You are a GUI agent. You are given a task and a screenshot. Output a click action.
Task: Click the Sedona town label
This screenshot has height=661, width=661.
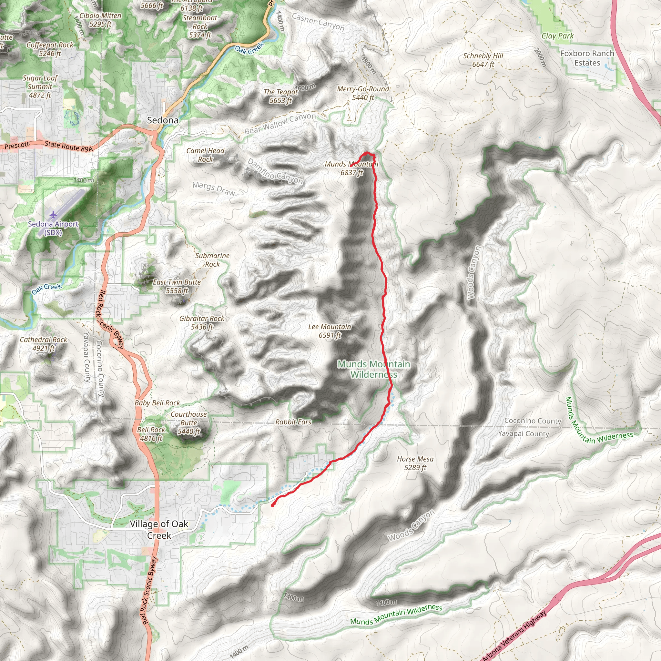[163, 120]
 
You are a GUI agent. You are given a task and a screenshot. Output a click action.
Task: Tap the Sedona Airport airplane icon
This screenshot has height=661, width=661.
[53, 215]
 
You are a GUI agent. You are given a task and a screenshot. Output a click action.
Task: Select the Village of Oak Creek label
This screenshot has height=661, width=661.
[159, 529]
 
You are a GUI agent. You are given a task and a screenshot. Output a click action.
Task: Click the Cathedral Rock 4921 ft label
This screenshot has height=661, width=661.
[44, 344]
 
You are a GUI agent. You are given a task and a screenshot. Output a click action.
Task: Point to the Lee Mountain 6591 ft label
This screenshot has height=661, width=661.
[330, 331]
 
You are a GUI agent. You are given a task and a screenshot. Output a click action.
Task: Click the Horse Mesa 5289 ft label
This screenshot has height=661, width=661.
[415, 463]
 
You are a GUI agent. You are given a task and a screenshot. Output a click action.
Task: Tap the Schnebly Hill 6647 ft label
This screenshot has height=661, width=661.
[483, 60]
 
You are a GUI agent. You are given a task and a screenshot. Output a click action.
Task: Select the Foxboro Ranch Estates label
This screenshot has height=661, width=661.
[587, 58]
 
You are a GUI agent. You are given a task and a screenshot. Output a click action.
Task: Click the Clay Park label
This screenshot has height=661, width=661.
[557, 36]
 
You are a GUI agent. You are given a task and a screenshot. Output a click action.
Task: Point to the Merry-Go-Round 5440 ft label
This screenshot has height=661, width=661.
[363, 93]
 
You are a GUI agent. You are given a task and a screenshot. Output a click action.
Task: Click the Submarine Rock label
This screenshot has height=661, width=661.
[212, 260]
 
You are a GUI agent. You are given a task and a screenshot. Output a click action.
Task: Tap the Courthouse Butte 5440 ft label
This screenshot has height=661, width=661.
[189, 423]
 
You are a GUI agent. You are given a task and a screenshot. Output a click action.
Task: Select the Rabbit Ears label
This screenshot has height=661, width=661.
[293, 422]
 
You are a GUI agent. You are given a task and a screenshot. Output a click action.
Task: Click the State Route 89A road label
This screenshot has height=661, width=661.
[68, 146]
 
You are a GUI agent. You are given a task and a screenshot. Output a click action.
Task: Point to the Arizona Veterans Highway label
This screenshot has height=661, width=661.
[515, 636]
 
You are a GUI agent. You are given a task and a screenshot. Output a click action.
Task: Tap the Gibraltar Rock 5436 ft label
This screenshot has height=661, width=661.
[202, 322]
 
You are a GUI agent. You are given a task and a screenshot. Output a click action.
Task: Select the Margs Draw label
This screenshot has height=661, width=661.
[214, 188]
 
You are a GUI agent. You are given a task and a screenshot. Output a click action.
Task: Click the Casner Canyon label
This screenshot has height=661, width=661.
[318, 22]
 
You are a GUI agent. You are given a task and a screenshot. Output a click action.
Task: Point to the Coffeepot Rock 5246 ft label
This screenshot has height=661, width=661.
[50, 49]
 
